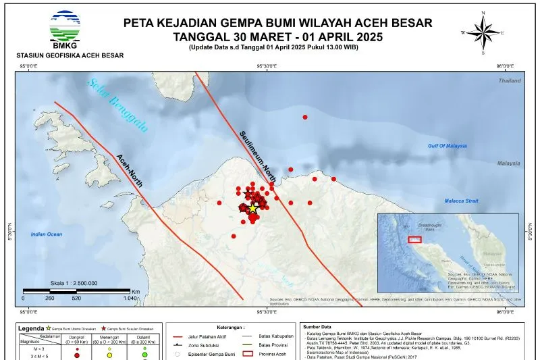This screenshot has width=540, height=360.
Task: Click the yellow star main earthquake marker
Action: click(252, 209)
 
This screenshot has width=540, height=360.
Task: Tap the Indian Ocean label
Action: click(47, 234)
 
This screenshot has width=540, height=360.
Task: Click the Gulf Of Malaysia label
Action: click(457, 146)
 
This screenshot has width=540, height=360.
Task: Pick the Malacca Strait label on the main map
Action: click(461, 201)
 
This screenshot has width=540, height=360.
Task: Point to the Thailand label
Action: click(510, 80)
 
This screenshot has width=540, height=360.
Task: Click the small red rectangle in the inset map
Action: click(415, 239)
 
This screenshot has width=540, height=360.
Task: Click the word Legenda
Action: click(32, 328)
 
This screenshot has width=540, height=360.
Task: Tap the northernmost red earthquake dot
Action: click(305, 118)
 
